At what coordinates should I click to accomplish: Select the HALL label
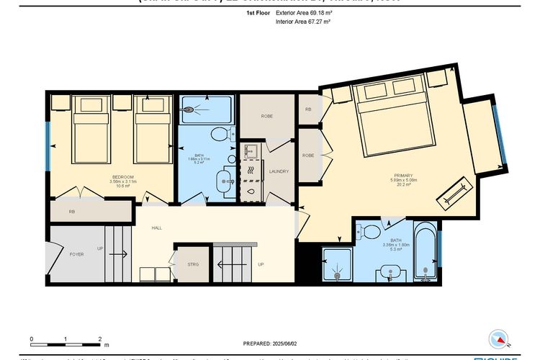click(156, 228)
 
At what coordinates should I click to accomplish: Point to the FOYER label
click(76, 254)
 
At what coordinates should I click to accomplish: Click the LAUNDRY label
click(279, 171)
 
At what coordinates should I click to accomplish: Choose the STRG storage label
click(192, 264)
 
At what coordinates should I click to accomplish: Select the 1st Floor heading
click(257, 13)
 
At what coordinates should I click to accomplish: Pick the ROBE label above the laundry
click(266, 115)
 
